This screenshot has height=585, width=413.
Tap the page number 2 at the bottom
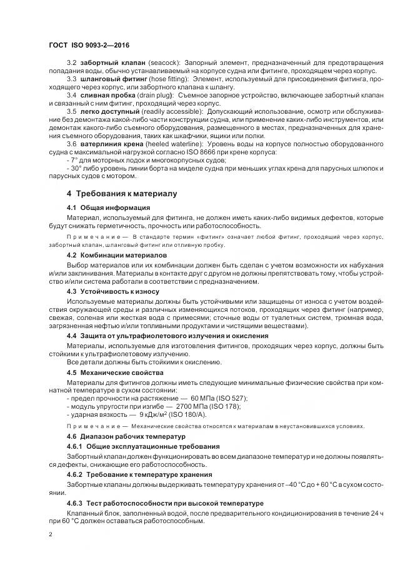pos(49,535)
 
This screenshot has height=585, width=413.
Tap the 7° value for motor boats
pos(73,160)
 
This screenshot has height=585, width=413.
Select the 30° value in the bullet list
pos(75,168)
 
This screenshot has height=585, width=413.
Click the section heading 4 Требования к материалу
pos(122,194)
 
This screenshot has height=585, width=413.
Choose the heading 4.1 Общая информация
pos(108,207)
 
